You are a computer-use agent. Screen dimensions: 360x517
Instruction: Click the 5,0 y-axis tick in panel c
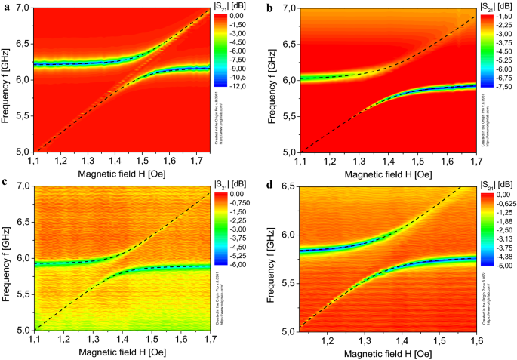(x=26, y=330)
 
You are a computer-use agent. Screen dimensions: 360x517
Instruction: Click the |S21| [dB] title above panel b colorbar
(x=494, y=5)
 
